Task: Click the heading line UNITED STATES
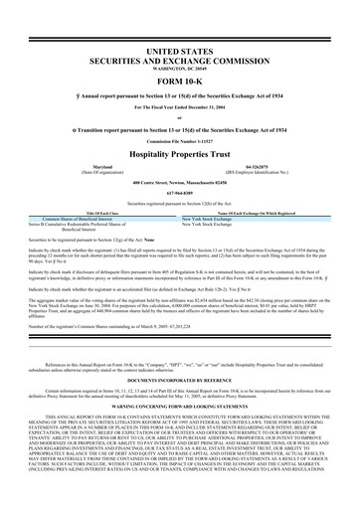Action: click(180, 49)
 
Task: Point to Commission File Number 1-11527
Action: click(180, 144)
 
